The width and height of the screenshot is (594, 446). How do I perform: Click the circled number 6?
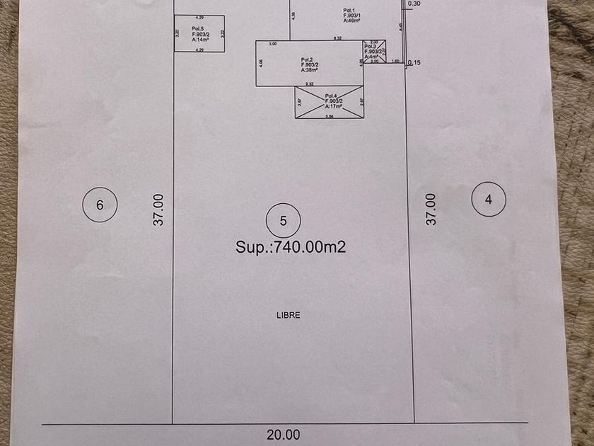click(100, 205)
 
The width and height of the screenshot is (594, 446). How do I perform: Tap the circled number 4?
click(489, 200)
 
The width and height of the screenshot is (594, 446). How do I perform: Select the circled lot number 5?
click(283, 221)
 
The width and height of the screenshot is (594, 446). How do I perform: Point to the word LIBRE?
click(288, 315)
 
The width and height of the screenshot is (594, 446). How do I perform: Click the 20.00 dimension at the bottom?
click(284, 435)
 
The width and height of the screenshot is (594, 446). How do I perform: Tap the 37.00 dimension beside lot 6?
click(159, 210)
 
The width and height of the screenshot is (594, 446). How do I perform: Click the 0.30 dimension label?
click(414, 4)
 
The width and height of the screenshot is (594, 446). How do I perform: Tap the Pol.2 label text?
click(307, 59)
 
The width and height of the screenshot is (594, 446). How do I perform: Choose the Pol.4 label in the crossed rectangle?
click(331, 96)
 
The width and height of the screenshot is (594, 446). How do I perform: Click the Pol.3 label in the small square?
click(371, 47)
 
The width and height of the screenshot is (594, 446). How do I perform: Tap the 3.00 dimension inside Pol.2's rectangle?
click(272, 45)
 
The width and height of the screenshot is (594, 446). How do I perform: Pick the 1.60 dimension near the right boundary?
click(396, 62)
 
